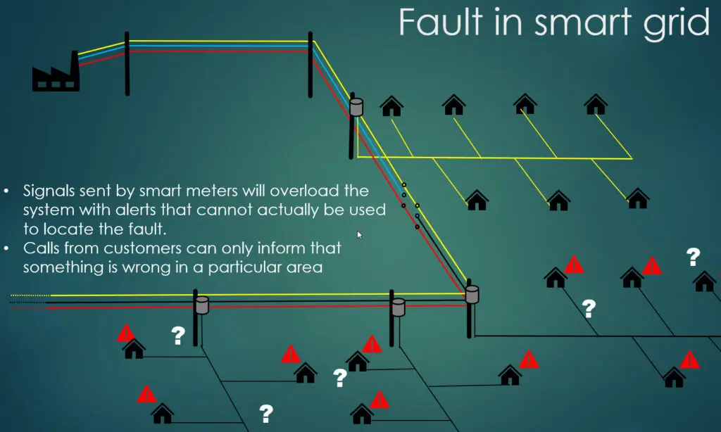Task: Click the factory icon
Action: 55,74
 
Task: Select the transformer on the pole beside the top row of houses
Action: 356,107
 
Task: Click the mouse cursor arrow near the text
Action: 359,235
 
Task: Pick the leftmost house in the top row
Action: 391,106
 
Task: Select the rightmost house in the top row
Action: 596,105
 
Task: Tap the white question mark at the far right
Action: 694,257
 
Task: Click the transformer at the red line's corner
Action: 472,293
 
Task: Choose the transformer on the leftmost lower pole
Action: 202,305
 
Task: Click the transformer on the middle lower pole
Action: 399,307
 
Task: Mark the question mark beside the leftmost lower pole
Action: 178,336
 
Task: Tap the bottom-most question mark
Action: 266,413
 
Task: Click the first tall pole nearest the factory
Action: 127,63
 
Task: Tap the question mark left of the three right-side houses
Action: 589,307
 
